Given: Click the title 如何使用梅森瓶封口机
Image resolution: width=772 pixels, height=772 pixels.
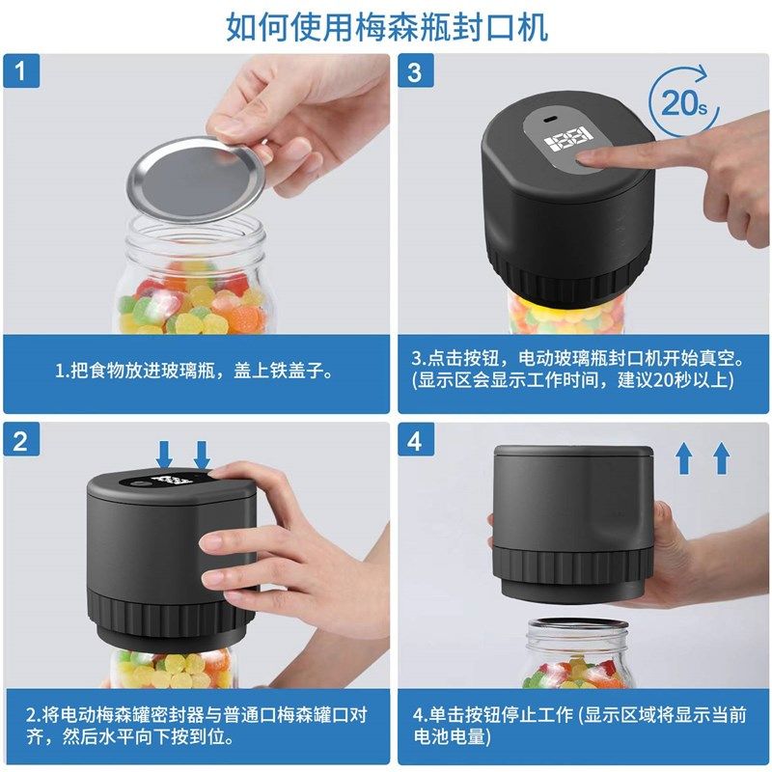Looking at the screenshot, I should pyautogui.click(x=386, y=26).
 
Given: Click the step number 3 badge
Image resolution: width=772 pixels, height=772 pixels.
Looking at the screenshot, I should pyautogui.click(x=414, y=72).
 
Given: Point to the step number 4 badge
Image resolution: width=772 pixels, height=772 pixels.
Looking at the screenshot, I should pyautogui.click(x=414, y=441).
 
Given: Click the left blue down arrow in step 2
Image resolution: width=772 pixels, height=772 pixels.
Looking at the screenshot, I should pyautogui.click(x=165, y=453).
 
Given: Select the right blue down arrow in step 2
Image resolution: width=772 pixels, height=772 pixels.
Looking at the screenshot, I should pyautogui.click(x=202, y=453).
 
